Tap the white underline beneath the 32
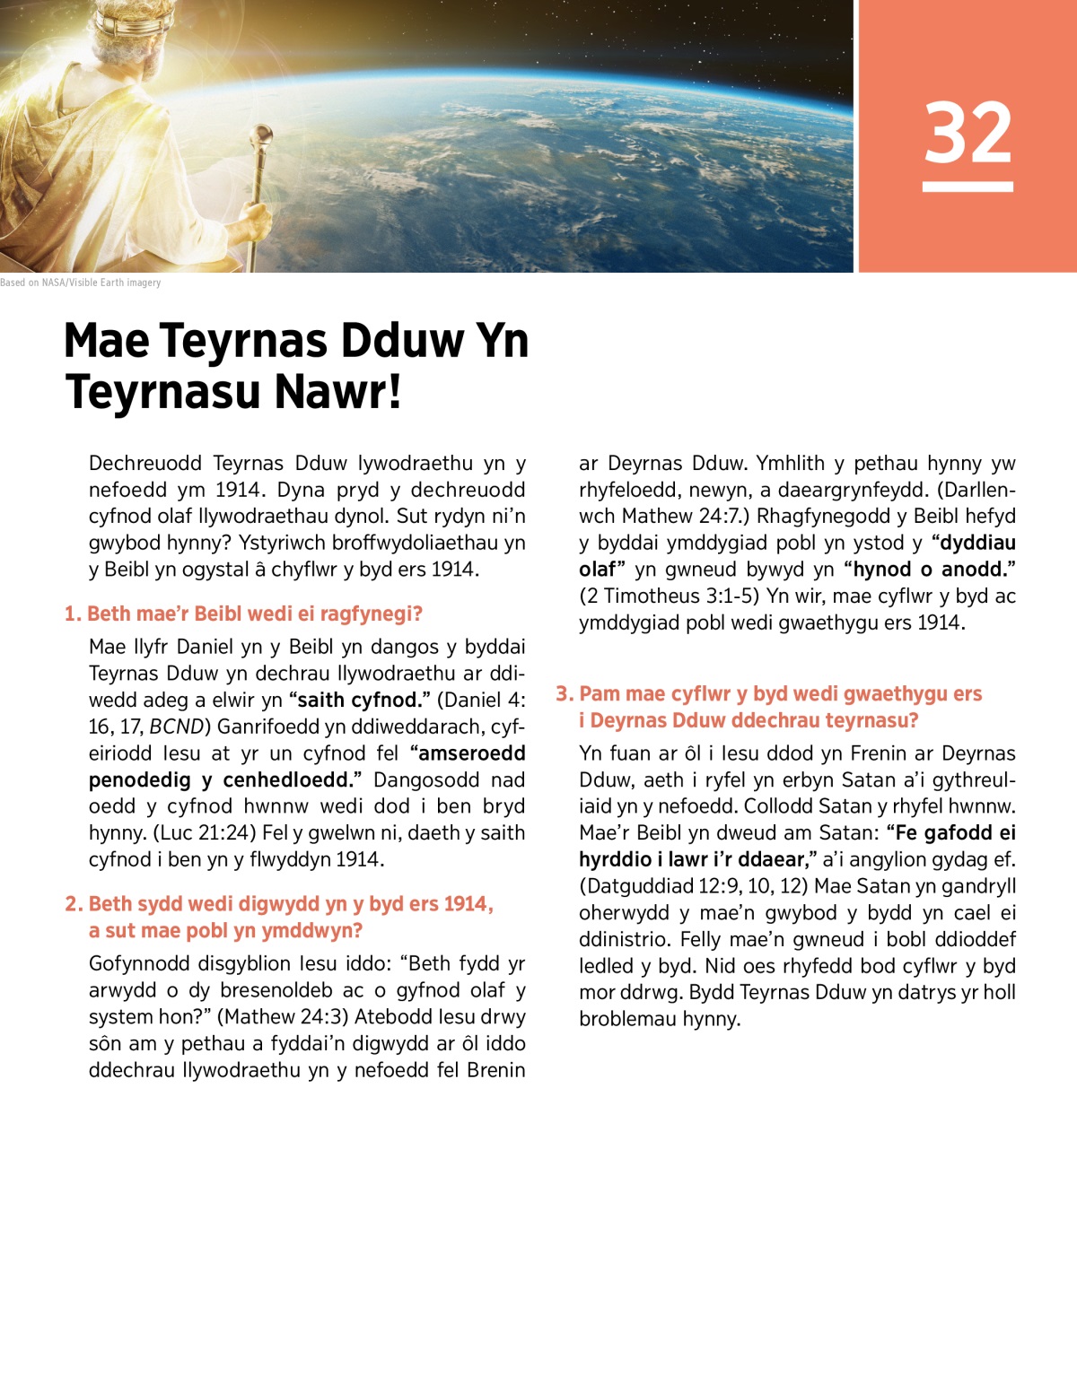[968, 187]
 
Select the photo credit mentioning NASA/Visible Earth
[81, 283]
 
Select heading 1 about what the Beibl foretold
[243, 614]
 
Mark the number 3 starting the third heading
[563, 693]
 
